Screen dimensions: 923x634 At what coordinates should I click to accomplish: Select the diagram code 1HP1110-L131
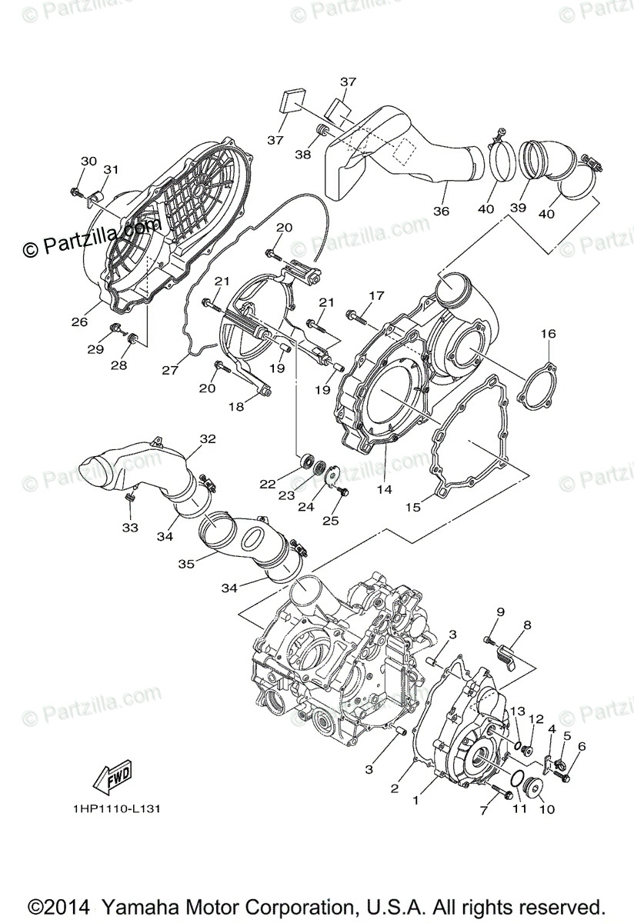click(117, 808)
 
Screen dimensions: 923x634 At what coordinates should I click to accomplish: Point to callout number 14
click(382, 488)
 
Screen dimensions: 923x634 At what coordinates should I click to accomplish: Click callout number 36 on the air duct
click(441, 211)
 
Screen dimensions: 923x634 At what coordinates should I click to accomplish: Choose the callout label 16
click(547, 334)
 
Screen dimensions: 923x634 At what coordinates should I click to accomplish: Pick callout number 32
click(207, 439)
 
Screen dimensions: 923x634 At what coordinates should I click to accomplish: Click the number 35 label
click(185, 563)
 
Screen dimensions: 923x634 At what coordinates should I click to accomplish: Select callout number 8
click(527, 625)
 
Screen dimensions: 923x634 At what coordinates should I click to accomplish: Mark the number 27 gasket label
click(170, 370)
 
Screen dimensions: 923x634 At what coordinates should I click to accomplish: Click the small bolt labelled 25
click(342, 491)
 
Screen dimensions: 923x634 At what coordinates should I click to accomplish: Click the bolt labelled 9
click(489, 641)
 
